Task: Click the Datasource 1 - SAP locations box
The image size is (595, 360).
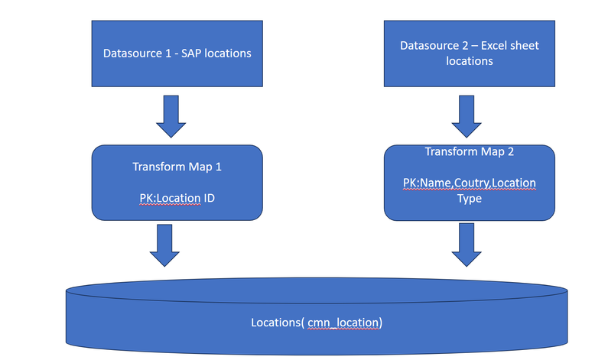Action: tap(177, 53)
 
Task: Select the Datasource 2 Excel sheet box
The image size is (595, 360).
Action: tap(469, 53)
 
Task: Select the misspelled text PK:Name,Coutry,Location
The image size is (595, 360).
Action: tap(469, 183)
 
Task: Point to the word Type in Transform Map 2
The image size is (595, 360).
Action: tap(469, 198)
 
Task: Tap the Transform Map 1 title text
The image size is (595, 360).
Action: tap(177, 166)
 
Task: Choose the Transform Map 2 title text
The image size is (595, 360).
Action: tap(469, 151)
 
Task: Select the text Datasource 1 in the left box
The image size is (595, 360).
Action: tap(133, 54)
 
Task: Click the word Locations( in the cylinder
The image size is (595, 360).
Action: tap(277, 323)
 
